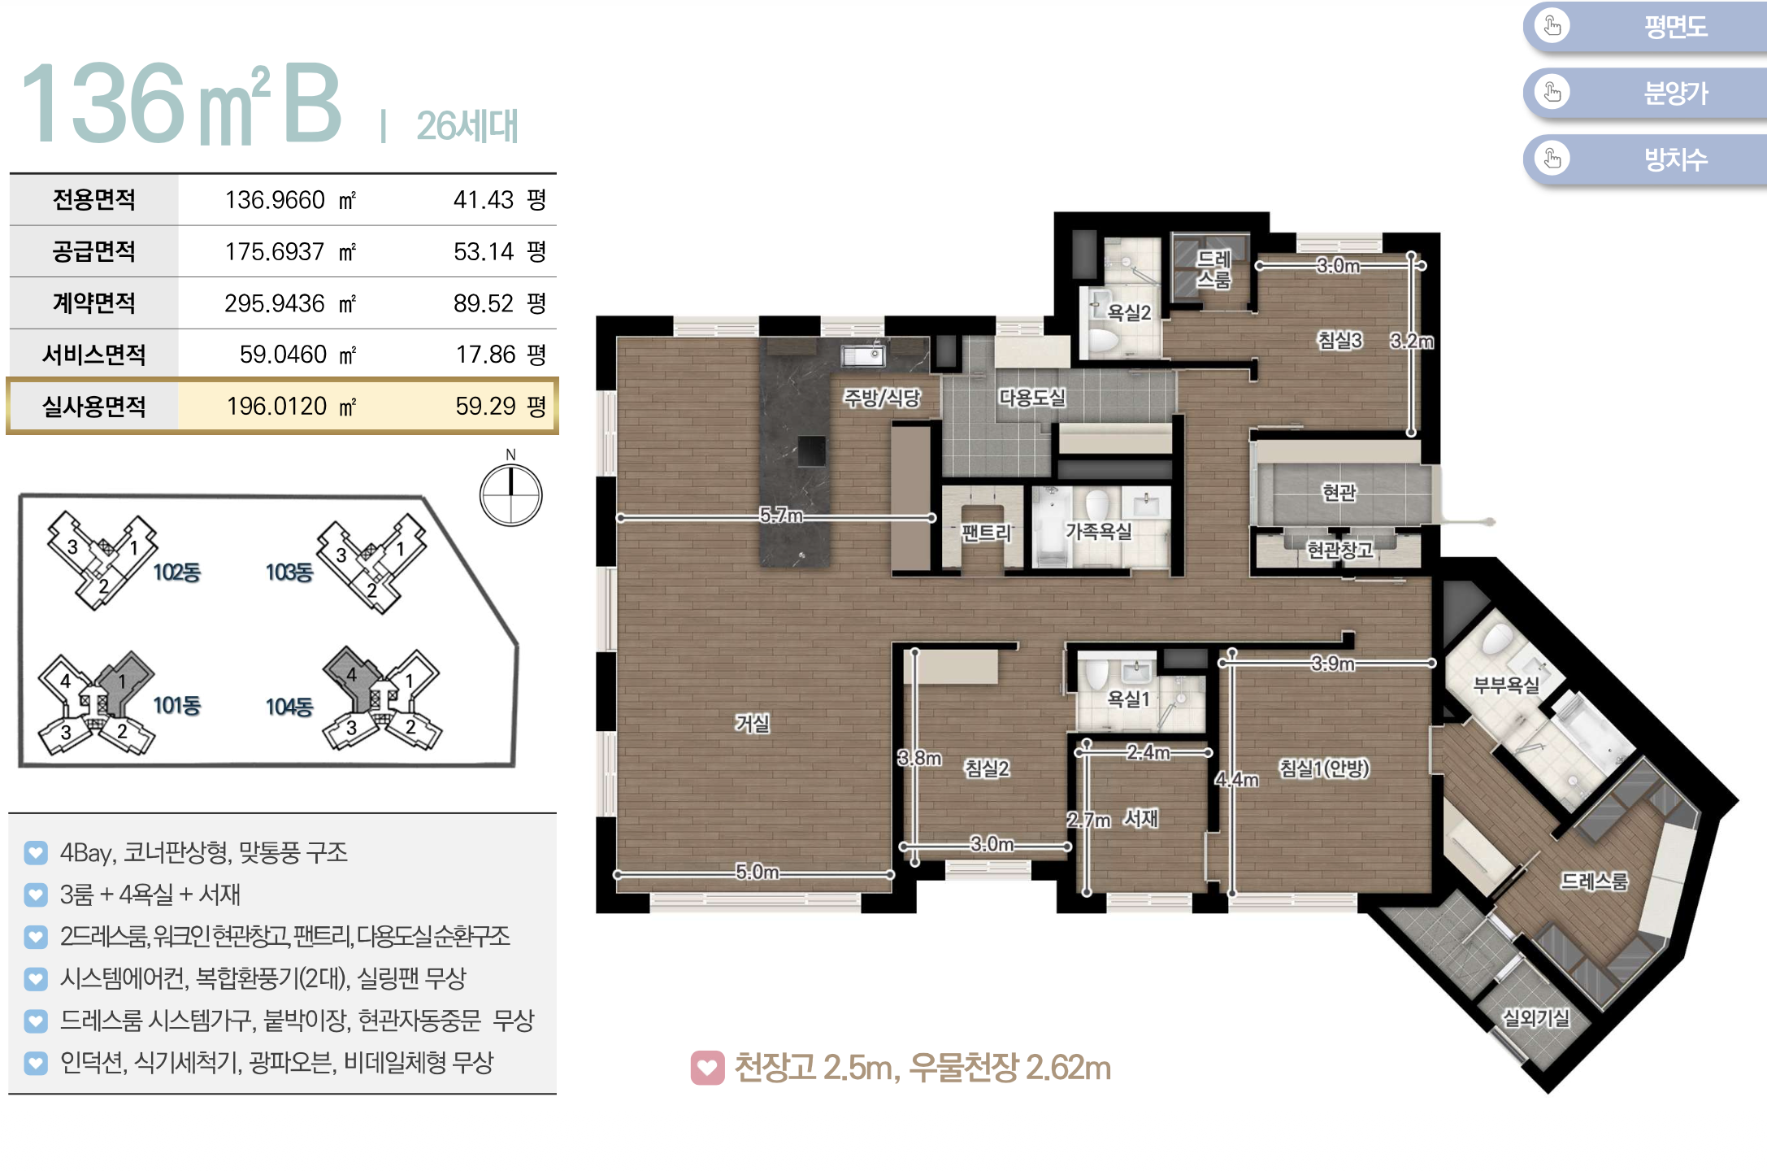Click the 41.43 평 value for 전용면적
click(x=499, y=200)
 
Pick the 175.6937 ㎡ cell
click(x=290, y=252)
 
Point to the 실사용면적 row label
click(x=94, y=406)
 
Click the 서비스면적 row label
click(x=94, y=355)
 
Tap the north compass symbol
click(x=510, y=494)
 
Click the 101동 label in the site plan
click(x=176, y=705)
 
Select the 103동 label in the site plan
click(x=289, y=572)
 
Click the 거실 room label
click(x=752, y=723)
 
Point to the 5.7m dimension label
click(x=780, y=516)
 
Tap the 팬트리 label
click(x=986, y=533)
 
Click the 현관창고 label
click(x=1339, y=551)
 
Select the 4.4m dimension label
click(x=1236, y=780)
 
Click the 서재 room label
click(x=1140, y=818)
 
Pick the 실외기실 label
click(x=1535, y=1017)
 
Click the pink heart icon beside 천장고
click(x=707, y=1068)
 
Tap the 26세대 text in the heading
click(x=467, y=126)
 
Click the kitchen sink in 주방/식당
click(x=862, y=355)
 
